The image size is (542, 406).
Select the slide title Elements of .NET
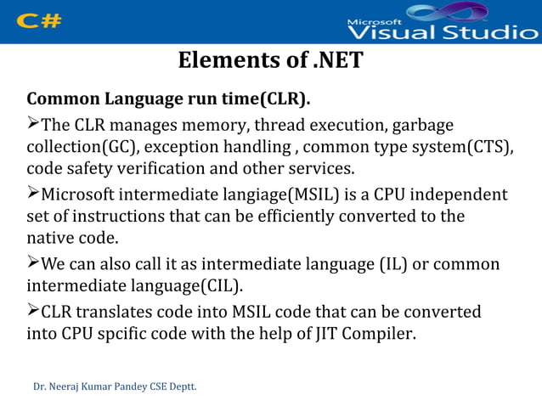270,62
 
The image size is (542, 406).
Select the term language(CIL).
179,285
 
